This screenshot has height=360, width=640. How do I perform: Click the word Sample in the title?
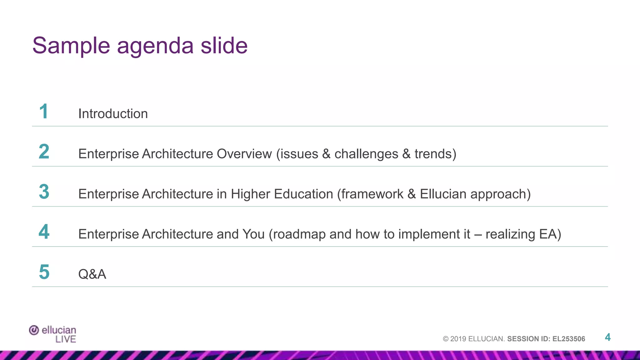pyautogui.click(x=71, y=46)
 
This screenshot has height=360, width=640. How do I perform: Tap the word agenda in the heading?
pyautogui.click(x=155, y=47)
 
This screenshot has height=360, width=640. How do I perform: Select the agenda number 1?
pyautogui.click(x=44, y=112)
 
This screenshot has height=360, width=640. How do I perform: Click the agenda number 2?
pyautogui.click(x=44, y=152)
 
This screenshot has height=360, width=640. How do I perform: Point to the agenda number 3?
pyautogui.click(x=44, y=192)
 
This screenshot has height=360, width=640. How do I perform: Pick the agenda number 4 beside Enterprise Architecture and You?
pyautogui.click(x=44, y=232)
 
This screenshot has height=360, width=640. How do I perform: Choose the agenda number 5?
pyautogui.click(x=44, y=272)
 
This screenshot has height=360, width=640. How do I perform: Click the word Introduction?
pyautogui.click(x=113, y=114)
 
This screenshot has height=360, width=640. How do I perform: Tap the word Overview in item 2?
pyautogui.click(x=244, y=154)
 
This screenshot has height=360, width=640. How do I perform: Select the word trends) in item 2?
pyautogui.click(x=435, y=154)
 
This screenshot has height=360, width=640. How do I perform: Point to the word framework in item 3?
pyautogui.click(x=372, y=194)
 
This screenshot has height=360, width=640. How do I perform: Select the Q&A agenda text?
pyautogui.click(x=92, y=274)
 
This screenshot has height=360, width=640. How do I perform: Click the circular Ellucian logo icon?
pyautogui.click(x=34, y=330)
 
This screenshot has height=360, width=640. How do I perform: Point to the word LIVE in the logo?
pyautogui.click(x=66, y=339)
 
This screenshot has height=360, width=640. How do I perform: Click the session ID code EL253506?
pyautogui.click(x=569, y=339)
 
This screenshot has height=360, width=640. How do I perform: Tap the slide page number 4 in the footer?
pyautogui.click(x=607, y=337)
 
